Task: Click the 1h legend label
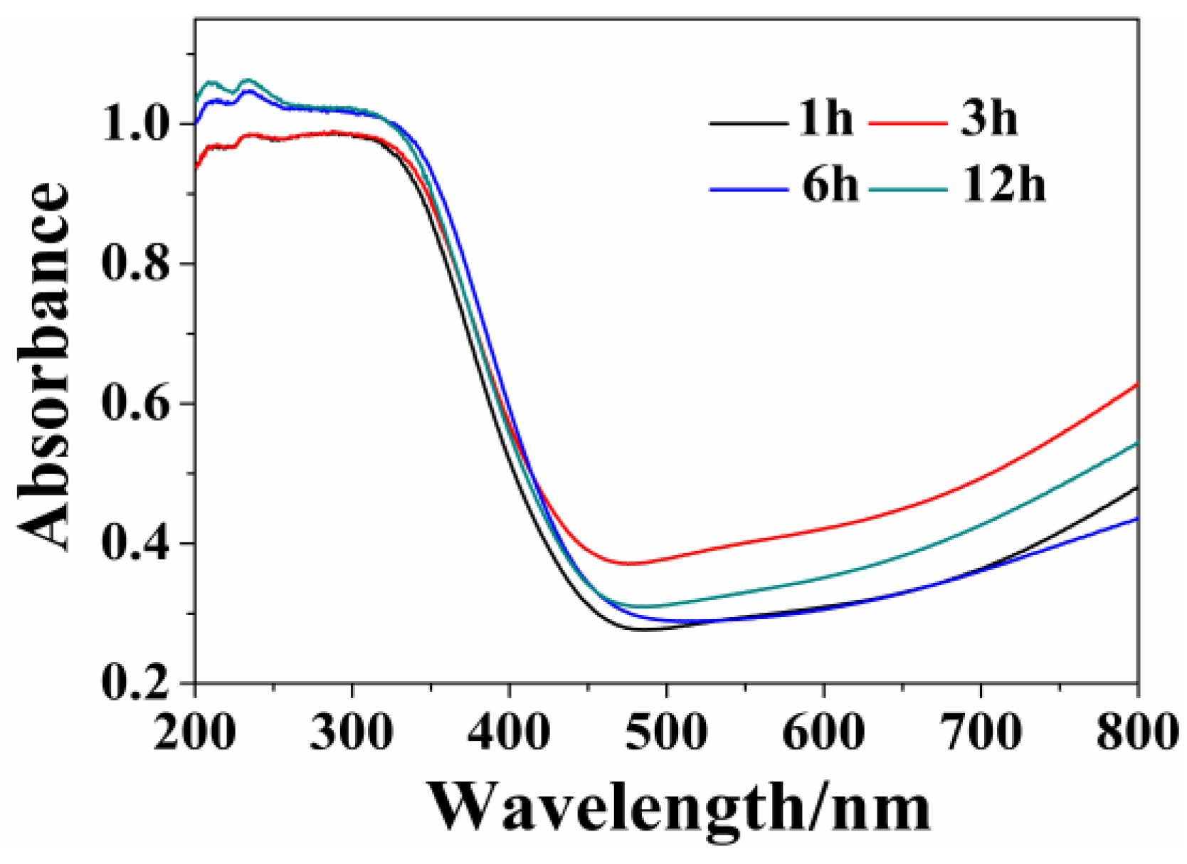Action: tap(825, 118)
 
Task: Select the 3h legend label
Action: tap(988, 118)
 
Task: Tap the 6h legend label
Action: tap(830, 186)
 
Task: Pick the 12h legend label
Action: tap(1003, 186)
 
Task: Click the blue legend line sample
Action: tap(749, 189)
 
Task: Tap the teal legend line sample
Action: tap(908, 189)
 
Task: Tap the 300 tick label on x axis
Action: tap(352, 732)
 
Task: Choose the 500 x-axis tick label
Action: tap(666, 732)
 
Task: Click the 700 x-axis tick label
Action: tap(981, 732)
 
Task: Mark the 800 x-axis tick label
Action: tap(1136, 732)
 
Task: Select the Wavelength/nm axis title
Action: tap(680, 808)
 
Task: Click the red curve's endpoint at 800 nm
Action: tap(1137, 385)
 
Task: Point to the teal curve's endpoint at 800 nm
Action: tap(1137, 443)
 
